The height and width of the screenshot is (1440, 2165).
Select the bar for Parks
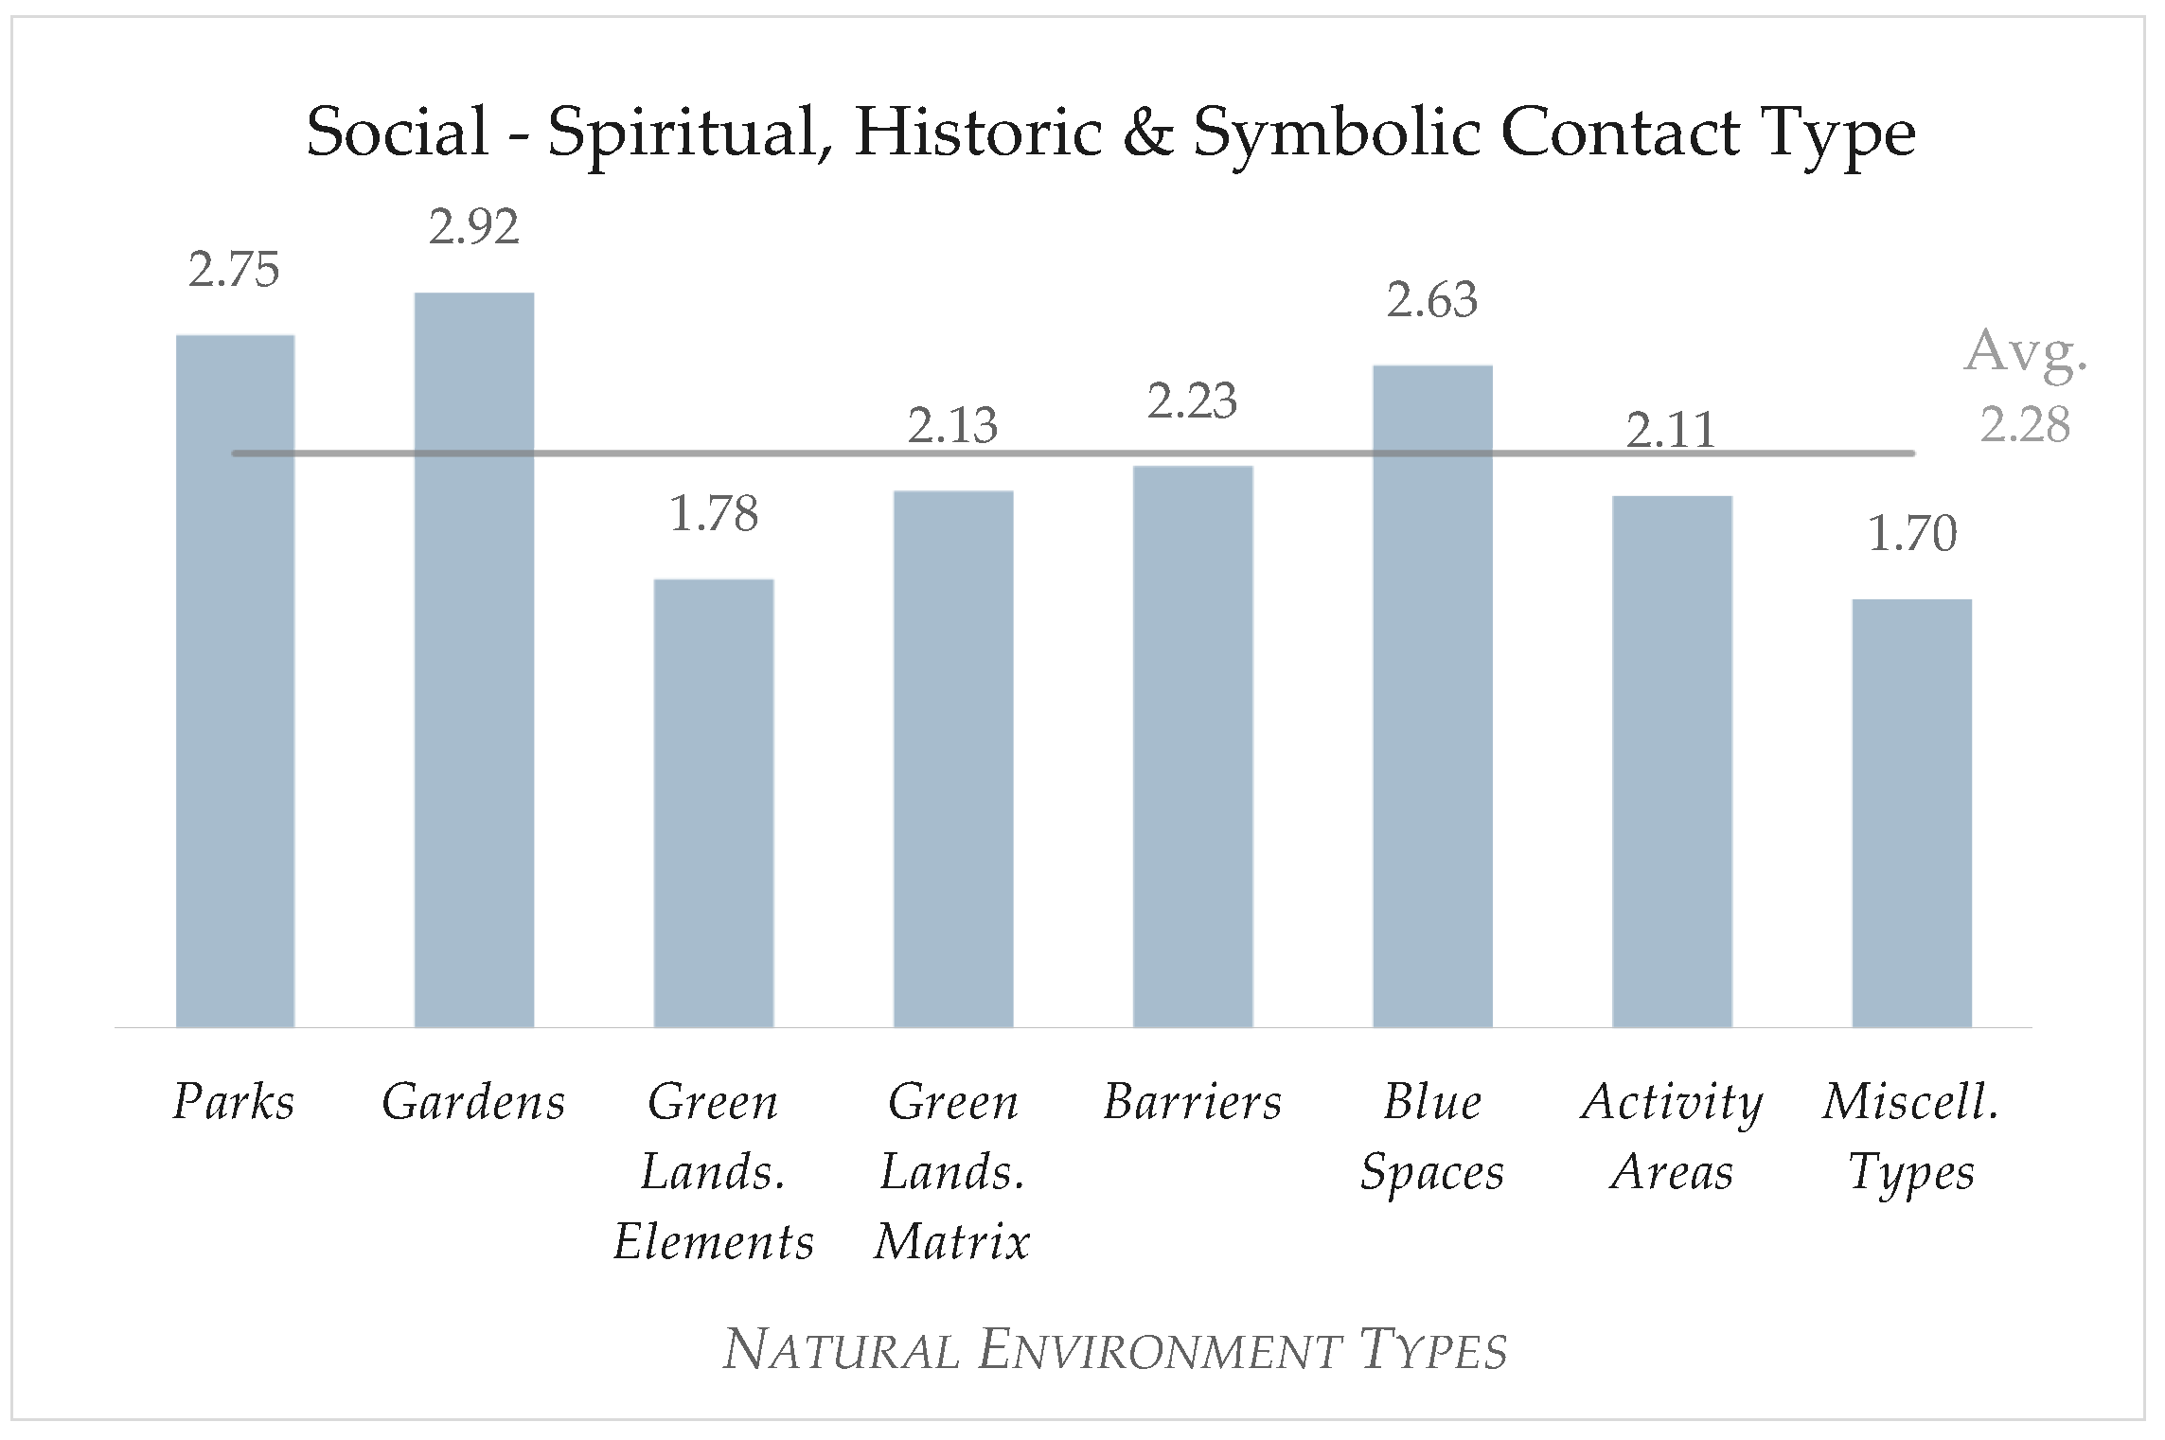point(235,681)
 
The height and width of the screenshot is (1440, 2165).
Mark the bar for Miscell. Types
point(1911,813)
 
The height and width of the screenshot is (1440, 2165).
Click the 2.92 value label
point(474,227)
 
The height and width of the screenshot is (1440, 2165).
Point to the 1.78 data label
point(714,514)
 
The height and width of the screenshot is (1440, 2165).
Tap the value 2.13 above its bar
point(952,426)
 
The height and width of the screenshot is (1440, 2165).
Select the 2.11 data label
point(1671,431)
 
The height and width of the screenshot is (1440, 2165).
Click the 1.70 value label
point(1911,534)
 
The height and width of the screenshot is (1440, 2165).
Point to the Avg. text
point(2026,353)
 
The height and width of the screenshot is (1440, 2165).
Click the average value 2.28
point(2025,425)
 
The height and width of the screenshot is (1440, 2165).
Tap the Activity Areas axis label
point(1672,1137)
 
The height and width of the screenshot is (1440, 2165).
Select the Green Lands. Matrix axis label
point(952,1172)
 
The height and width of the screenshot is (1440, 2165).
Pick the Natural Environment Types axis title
point(1115,1350)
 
